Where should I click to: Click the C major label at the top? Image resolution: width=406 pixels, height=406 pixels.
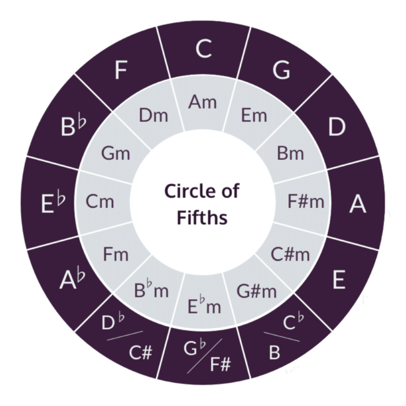[204, 49]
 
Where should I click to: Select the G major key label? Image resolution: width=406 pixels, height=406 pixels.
[281, 70]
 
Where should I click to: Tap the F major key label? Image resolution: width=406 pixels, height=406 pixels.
[121, 70]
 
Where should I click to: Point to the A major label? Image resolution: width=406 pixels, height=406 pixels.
[357, 204]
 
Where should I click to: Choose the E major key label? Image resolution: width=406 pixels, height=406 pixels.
[339, 279]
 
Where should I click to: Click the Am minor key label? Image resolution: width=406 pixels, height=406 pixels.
[202, 102]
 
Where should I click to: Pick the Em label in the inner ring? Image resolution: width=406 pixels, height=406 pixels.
[254, 115]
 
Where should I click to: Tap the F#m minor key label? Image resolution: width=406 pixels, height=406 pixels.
[306, 202]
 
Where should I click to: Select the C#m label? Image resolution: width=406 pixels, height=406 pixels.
[290, 254]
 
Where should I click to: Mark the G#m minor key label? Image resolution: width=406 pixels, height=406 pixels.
[256, 291]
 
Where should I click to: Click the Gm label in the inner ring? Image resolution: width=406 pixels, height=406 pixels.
[116, 153]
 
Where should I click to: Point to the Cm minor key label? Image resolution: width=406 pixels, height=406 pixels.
[100, 202]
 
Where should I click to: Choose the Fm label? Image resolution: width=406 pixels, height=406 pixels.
[116, 254]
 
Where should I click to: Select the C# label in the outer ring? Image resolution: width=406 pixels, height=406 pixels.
[141, 352]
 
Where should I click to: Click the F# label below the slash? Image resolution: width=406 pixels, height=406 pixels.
[220, 364]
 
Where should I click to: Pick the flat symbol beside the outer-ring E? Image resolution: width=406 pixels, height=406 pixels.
[61, 197]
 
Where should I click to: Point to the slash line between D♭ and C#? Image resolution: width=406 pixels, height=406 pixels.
[125, 335]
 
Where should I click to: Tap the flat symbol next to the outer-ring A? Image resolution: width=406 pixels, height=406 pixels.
[81, 275]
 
